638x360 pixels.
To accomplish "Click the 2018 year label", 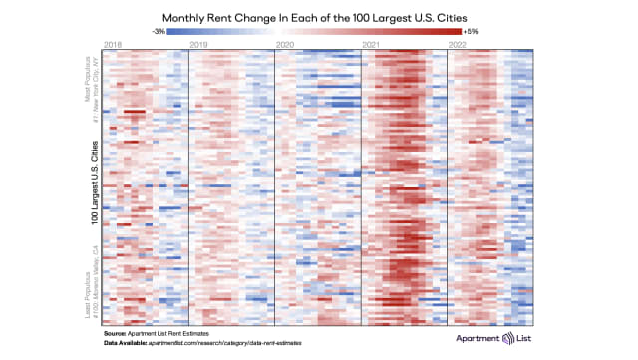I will pyautogui.click(x=112, y=44).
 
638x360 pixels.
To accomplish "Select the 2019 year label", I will pyautogui.click(x=198, y=44).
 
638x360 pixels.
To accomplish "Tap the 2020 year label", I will pyautogui.click(x=284, y=44).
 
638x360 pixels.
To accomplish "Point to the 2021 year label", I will pyautogui.click(x=371, y=44).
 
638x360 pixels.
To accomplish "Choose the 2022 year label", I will pyautogui.click(x=458, y=44).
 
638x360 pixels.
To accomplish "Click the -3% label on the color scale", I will pyautogui.click(x=158, y=32).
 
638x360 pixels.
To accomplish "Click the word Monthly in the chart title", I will pyautogui.click(x=188, y=17).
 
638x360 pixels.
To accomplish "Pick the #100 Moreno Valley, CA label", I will pyautogui.click(x=95, y=274).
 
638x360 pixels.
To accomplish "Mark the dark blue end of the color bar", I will pyautogui.click(x=171, y=32).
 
